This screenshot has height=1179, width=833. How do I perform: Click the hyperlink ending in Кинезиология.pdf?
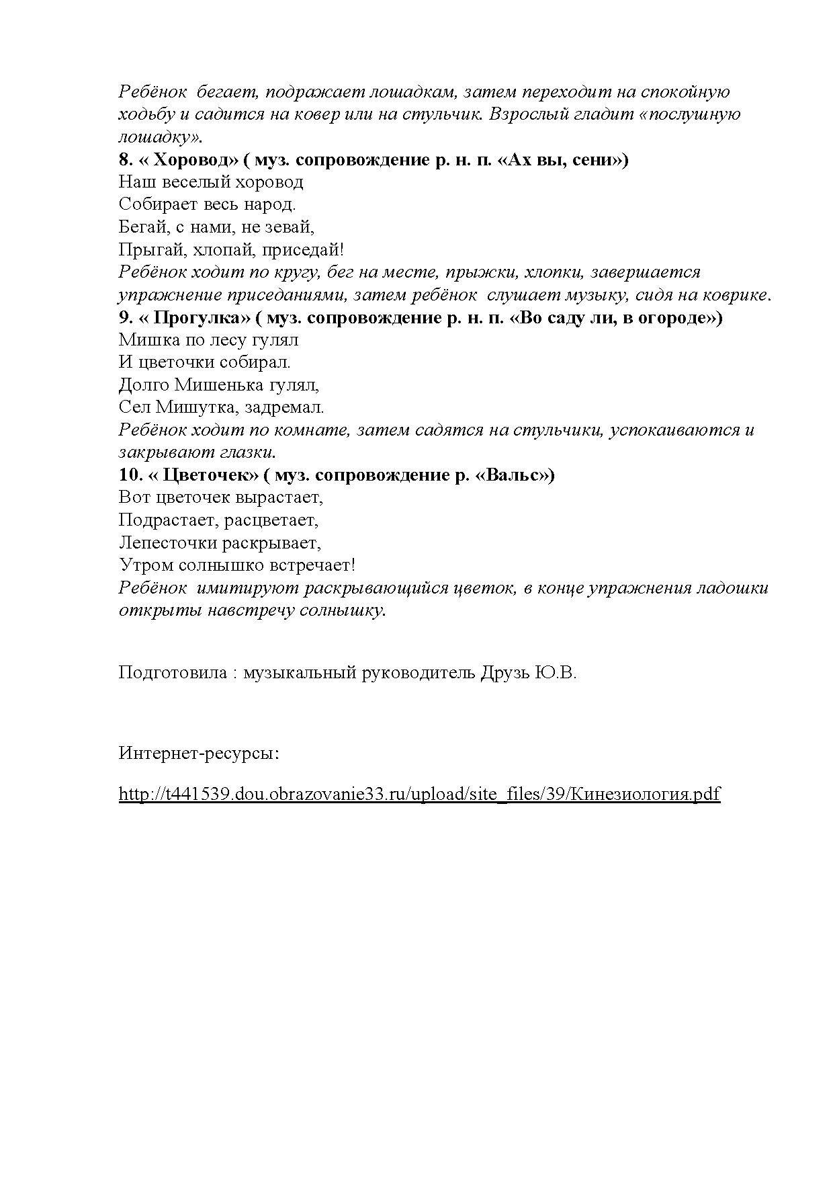419,794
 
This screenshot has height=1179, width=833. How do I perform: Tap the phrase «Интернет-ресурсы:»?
199,753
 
